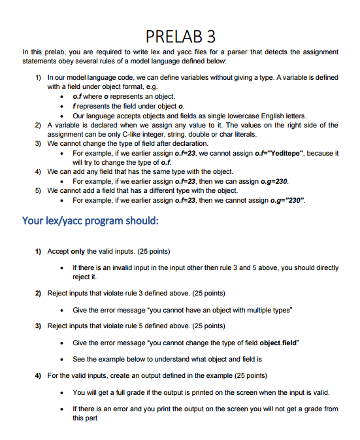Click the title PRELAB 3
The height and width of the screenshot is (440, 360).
click(x=180, y=35)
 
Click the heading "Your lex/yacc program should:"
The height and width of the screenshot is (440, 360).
click(x=90, y=220)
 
